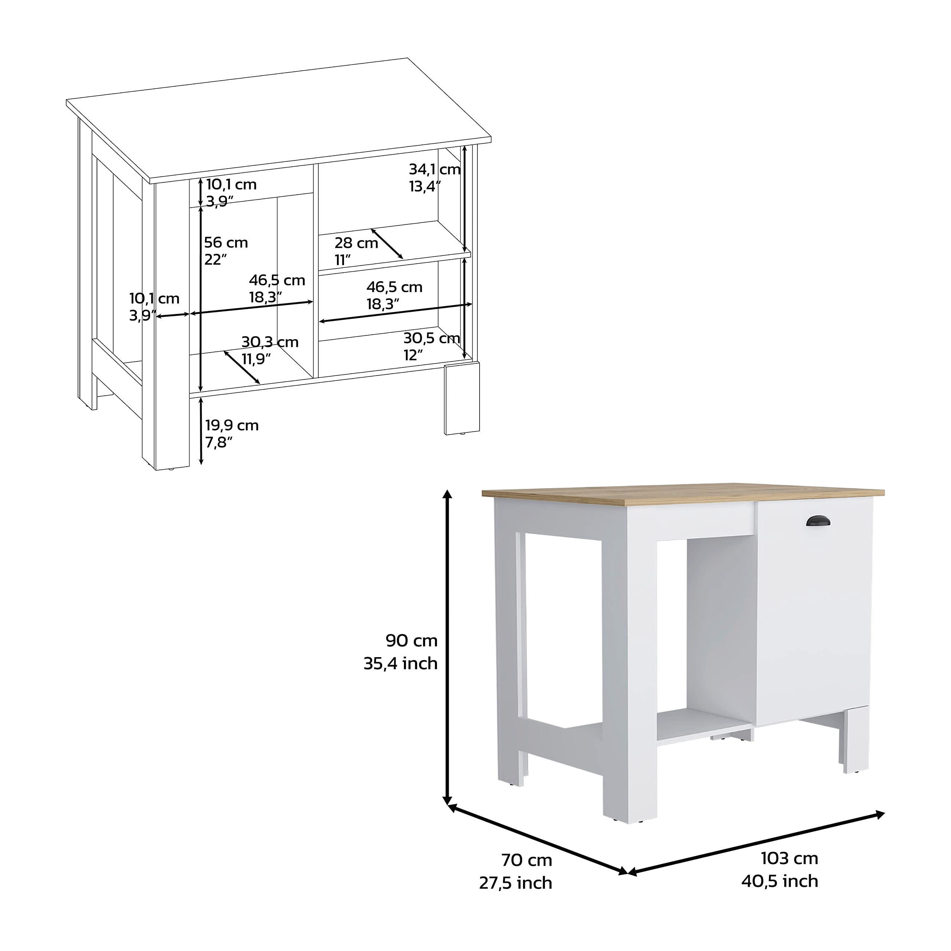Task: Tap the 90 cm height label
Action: [x=412, y=640]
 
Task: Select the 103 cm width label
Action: [x=789, y=858]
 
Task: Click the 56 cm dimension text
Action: [x=226, y=243]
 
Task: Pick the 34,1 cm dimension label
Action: [x=434, y=169]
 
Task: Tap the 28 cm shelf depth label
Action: [x=356, y=243]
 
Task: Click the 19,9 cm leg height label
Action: [x=232, y=425]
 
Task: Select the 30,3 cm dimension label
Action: [x=270, y=342]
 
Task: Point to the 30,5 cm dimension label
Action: [x=431, y=338]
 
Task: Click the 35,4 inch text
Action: [x=400, y=663]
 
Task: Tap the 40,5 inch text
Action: [x=780, y=881]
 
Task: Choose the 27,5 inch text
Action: [x=515, y=883]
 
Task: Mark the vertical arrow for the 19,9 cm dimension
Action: [x=201, y=431]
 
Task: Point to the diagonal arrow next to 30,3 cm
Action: [x=242, y=367]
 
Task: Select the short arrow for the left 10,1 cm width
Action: [x=173, y=315]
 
